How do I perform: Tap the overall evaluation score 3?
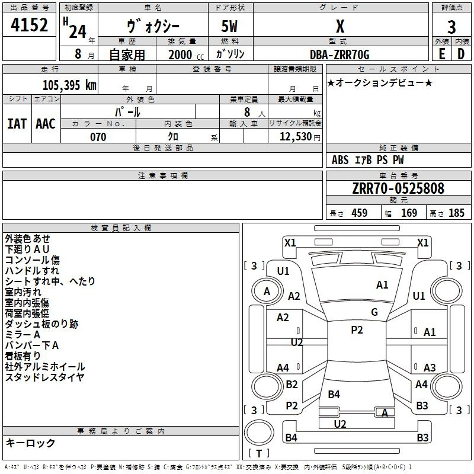coord(451,27)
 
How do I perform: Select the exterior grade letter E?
coord(441,53)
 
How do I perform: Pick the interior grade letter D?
coord(461,53)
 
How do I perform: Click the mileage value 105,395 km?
coord(69,85)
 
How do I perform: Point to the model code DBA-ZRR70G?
coord(340,55)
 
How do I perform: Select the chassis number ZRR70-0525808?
coord(398,188)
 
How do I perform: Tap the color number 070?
coord(98,137)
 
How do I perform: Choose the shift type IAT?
coord(17,123)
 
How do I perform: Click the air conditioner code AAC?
coord(46,123)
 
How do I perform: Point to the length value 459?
coord(359,213)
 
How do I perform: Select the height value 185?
coord(456,213)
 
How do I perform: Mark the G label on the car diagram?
coord(374,312)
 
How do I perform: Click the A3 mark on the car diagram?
coord(430,368)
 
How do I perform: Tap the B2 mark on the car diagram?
coord(292,385)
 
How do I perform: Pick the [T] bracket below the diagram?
coord(259,453)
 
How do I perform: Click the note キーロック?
coord(30,443)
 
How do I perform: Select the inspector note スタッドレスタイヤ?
coord(44,377)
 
